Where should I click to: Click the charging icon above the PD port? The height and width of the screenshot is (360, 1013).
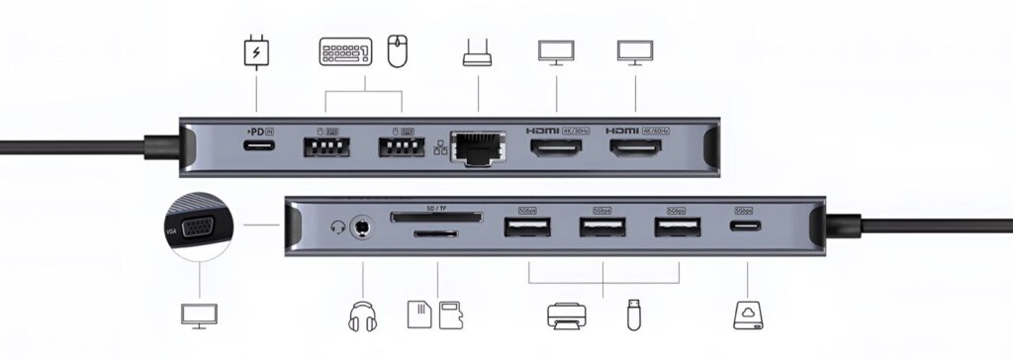click(256, 52)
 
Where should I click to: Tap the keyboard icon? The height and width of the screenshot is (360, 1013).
click(345, 51)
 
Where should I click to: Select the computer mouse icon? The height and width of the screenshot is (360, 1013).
click(398, 51)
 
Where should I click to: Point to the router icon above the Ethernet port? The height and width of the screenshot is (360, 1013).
click(478, 54)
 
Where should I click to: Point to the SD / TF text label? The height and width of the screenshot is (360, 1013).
click(435, 208)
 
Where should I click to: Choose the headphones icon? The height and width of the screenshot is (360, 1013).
click(364, 315)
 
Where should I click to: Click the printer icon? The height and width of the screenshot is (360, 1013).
click(567, 315)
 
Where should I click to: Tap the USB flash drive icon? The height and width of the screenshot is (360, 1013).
click(633, 315)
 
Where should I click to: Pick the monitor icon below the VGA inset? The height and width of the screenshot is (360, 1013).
click(198, 315)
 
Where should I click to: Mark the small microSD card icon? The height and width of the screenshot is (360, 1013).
click(451, 315)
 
